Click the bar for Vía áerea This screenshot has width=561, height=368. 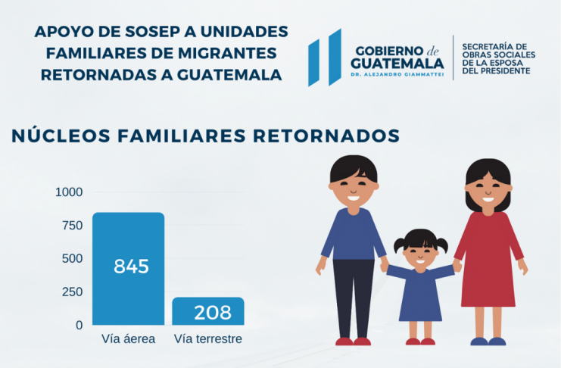[129, 269]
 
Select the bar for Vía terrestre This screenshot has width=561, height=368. [208, 311]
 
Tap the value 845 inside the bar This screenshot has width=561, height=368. [131, 267]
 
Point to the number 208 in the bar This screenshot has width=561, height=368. [213, 313]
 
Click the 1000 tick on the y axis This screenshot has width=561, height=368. [69, 192]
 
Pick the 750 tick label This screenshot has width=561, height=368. [72, 226]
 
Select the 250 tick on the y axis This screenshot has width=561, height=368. [72, 292]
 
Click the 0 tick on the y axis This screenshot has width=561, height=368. [79, 326]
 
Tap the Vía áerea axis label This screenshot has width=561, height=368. [129, 339]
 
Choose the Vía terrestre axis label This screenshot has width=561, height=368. [208, 339]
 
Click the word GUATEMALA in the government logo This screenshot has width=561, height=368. [397, 64]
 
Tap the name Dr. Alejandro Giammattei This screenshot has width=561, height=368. [397, 74]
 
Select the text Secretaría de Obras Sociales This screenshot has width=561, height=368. [498, 51]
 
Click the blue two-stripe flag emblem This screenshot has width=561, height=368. [325, 58]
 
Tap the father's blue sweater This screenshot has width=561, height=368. [353, 235]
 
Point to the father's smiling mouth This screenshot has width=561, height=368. [353, 198]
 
